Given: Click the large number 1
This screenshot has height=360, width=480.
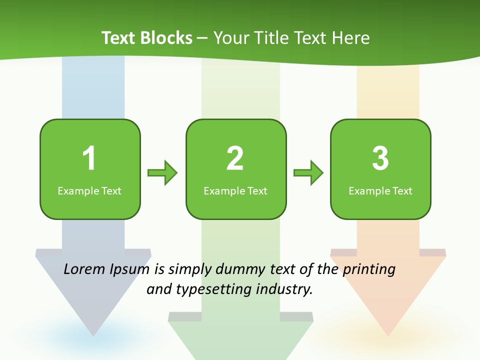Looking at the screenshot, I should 89,158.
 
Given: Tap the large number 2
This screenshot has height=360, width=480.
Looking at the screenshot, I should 235,158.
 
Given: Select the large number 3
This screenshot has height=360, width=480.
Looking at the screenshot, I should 380,158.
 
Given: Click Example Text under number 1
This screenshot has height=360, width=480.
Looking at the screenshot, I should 89,191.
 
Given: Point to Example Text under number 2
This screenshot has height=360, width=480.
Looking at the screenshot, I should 235,191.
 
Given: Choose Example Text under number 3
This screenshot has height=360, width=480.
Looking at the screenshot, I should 380,191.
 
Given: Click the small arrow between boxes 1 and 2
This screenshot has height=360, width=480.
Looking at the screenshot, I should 162,173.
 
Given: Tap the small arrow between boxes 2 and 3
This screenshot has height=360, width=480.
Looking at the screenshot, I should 308,173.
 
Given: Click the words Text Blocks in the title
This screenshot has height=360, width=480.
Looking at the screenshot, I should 147,38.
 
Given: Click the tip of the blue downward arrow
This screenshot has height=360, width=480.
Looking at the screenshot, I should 93,334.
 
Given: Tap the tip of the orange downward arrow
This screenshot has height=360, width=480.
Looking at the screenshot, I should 388,334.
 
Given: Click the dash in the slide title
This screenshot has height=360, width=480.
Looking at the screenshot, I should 202,38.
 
